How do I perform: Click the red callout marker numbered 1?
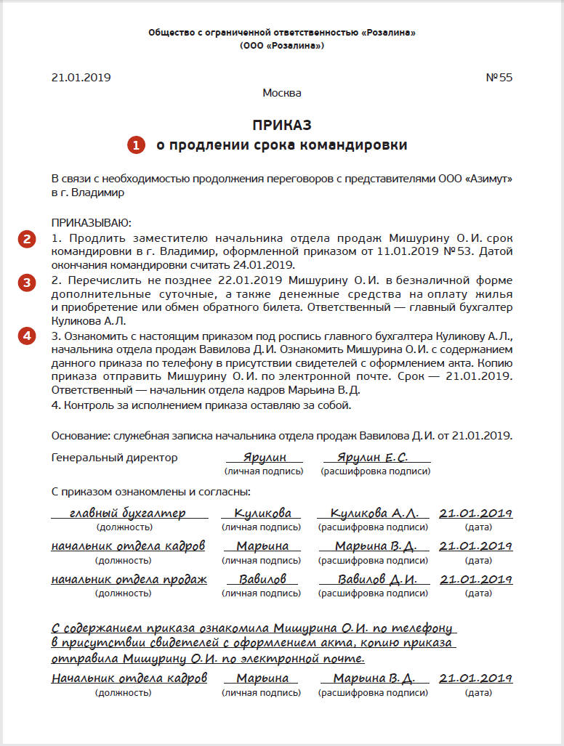click(x=137, y=145)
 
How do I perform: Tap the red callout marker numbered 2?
click(x=27, y=240)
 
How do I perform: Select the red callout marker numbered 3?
click(x=27, y=283)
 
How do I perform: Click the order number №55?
click(x=499, y=78)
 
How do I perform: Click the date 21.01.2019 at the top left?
click(x=81, y=78)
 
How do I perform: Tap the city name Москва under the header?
click(x=282, y=93)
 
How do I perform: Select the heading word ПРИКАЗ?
click(x=282, y=125)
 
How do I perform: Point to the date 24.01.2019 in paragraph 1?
click(x=267, y=265)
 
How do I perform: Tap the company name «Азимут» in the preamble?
click(x=484, y=179)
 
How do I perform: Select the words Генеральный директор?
click(x=115, y=458)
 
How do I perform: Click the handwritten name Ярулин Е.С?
click(x=373, y=458)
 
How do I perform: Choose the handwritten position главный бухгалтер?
click(x=127, y=514)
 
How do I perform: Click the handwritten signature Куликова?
click(x=262, y=514)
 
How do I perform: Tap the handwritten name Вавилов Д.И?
click(x=376, y=580)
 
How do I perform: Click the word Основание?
click(x=79, y=436)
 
